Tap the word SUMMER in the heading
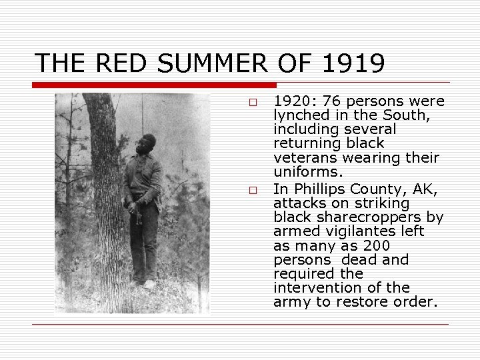(x=209, y=63)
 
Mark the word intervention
(x=313, y=287)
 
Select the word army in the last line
(x=292, y=301)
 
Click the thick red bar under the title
(x=154, y=85)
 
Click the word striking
(x=380, y=203)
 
